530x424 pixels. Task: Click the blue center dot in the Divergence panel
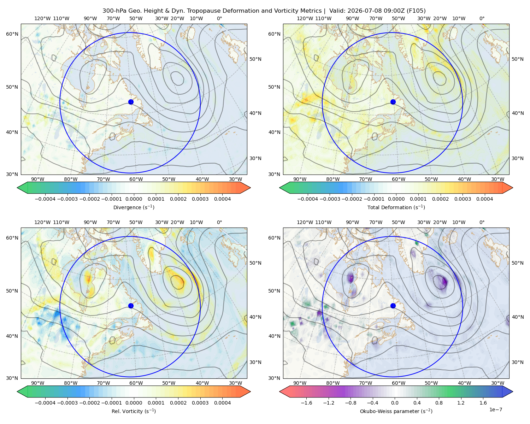131,102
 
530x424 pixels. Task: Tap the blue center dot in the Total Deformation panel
393,102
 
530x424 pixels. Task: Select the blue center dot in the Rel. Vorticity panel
131,306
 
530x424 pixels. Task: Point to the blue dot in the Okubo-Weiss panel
393,306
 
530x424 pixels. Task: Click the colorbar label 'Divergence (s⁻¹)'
134,207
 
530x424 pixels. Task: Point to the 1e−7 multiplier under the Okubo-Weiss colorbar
495,410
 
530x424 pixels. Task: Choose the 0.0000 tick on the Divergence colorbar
134,199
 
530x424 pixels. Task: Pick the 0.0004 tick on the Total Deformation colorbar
484,199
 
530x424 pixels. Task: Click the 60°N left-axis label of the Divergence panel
12,34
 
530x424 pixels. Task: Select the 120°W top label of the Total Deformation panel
305,18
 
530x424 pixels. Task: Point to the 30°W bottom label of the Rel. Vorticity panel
235,383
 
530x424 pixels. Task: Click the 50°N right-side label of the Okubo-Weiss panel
517,263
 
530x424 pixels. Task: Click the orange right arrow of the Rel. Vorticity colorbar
245,391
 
